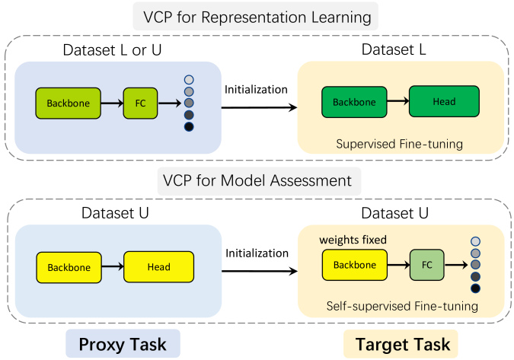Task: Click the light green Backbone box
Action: click(69, 104)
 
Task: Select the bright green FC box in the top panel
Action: click(140, 104)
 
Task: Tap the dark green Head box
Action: click(444, 101)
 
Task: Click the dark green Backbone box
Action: click(354, 102)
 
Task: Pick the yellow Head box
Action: click(158, 266)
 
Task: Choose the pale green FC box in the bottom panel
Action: click(426, 265)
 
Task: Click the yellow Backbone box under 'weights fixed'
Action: click(355, 265)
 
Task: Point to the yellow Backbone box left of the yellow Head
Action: click(69, 267)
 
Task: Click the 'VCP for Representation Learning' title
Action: click(257, 17)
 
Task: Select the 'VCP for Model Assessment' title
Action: click(257, 180)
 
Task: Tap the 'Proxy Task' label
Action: click(123, 344)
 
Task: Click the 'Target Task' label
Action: click(403, 344)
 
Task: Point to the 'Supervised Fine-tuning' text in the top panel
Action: click(399, 144)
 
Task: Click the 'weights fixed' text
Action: click(353, 240)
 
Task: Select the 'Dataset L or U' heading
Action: click(112, 50)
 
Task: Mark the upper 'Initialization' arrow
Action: click(260, 107)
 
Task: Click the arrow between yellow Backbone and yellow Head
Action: click(113, 266)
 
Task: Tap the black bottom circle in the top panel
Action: click(189, 127)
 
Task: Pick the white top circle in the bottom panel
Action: click(475, 241)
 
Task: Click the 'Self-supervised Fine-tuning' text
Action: click(402, 306)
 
